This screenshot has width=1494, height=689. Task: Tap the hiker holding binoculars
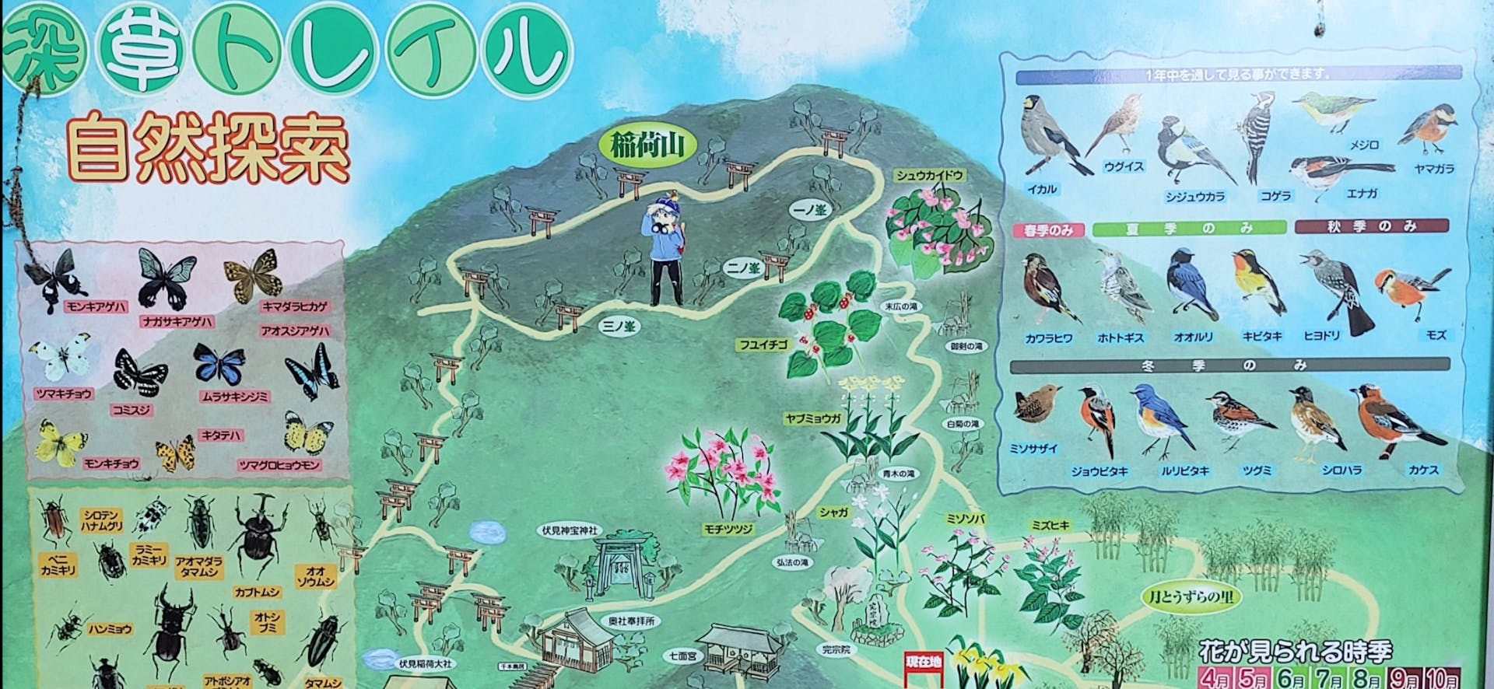[665, 250]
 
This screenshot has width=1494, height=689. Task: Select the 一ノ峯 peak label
[809, 210]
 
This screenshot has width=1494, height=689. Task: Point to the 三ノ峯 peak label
[619, 326]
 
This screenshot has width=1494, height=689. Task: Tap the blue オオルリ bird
[1191, 285]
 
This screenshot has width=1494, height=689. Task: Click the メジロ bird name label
[1363, 145]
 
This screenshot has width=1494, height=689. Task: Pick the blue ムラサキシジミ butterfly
[219, 364]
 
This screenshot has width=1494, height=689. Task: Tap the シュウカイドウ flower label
[930, 176]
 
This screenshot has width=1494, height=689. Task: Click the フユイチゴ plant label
[763, 344]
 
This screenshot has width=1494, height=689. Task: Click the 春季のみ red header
[1048, 230]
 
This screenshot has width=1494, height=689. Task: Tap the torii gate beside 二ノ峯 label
[775, 264]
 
